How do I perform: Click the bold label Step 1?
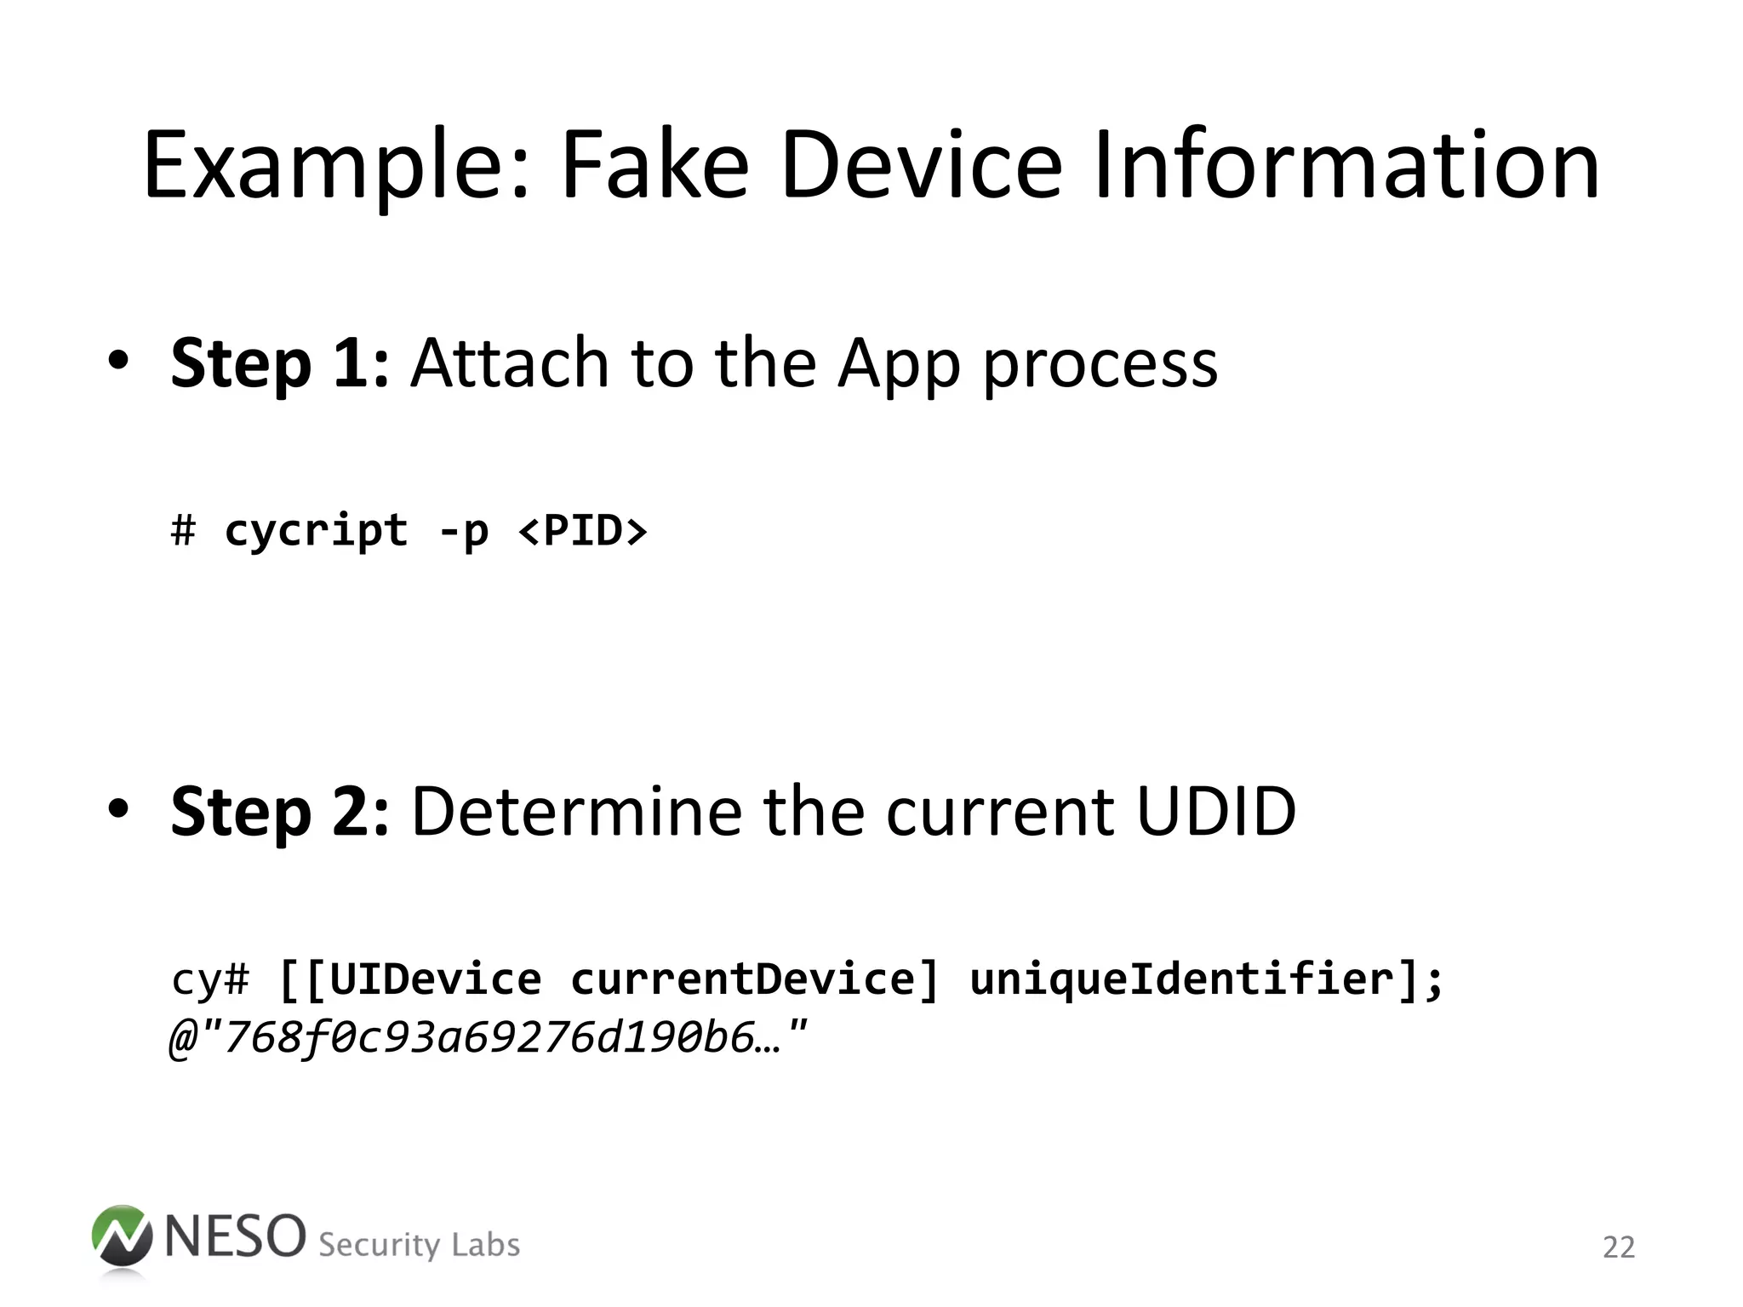280,363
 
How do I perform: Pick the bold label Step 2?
280,811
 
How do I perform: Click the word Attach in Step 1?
509,363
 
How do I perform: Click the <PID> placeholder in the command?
583,531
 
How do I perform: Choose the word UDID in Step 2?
1216,811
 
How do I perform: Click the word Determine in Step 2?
576,811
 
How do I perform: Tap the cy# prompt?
210,979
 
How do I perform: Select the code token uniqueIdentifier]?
1206,979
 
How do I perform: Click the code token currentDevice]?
754,979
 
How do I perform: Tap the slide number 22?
1618,1247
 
